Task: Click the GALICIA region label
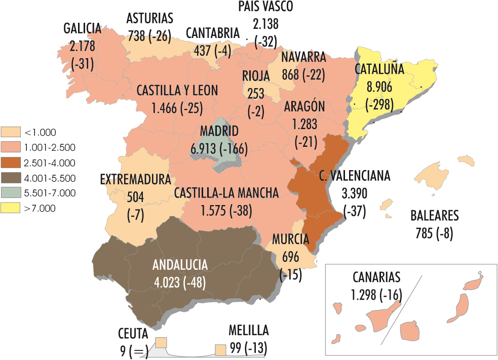[83, 28]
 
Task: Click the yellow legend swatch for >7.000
[11, 208]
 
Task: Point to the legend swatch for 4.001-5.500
[11, 178]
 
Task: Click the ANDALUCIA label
[180, 265]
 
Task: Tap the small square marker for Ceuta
[161, 343]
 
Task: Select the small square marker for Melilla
[220, 350]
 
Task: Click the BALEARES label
[434, 216]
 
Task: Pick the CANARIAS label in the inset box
[376, 277]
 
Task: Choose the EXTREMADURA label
[135, 179]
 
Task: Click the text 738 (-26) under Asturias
[149, 35]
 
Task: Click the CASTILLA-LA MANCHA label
[226, 193]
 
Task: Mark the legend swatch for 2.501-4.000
[11, 163]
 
